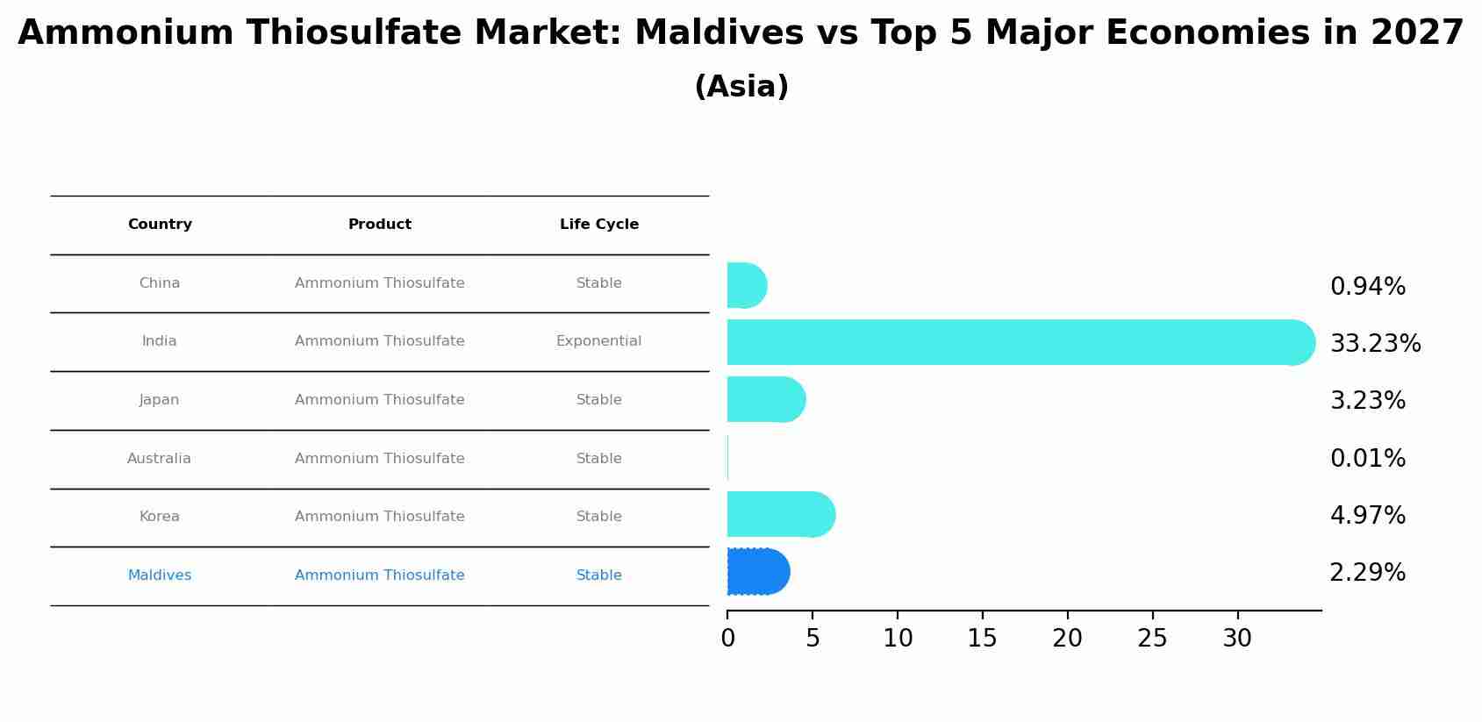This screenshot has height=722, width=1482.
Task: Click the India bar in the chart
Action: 1018,342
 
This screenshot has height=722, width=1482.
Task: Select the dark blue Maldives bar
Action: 757,572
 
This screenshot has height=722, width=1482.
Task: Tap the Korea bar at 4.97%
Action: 780,514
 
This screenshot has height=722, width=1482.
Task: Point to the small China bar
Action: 746,285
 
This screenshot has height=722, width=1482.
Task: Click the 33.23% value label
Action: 1375,344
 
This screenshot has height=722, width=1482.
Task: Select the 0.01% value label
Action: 1367,459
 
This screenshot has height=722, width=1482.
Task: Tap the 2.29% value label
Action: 1367,573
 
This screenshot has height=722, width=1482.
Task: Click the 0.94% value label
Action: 1367,287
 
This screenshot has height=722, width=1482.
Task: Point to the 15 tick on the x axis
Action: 982,639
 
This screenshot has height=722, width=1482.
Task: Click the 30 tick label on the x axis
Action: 1237,639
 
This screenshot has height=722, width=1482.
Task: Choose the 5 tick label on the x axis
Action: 813,639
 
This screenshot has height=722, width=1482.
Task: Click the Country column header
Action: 160,225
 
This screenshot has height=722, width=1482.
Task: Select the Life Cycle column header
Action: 599,225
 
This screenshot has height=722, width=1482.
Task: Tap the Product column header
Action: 380,225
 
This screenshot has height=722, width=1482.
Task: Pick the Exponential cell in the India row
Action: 598,341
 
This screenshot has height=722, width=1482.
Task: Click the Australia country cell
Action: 159,459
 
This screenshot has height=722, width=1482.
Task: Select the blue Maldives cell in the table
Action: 160,575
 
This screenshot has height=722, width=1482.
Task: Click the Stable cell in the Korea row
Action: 598,517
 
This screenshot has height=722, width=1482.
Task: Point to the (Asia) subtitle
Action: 741,87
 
